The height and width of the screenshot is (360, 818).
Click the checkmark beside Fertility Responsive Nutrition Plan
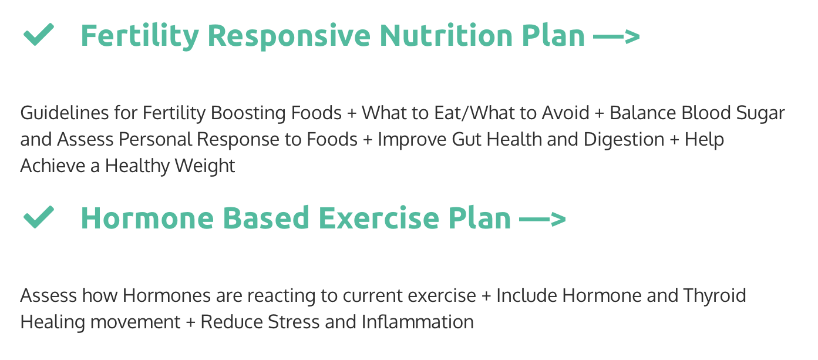(38, 35)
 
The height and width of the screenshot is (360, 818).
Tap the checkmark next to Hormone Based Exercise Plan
(38, 217)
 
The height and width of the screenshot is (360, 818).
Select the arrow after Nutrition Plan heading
(616, 36)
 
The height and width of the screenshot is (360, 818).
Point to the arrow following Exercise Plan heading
(542, 219)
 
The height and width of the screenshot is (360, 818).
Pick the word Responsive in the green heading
(289, 37)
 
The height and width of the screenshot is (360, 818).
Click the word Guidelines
(64, 112)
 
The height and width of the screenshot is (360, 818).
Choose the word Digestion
(624, 140)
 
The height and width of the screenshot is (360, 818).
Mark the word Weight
(204, 166)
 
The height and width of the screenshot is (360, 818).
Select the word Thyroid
(714, 296)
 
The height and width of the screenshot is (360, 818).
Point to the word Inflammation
(418, 322)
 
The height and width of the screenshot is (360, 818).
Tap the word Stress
(294, 322)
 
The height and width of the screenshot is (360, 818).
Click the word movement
(135, 322)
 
